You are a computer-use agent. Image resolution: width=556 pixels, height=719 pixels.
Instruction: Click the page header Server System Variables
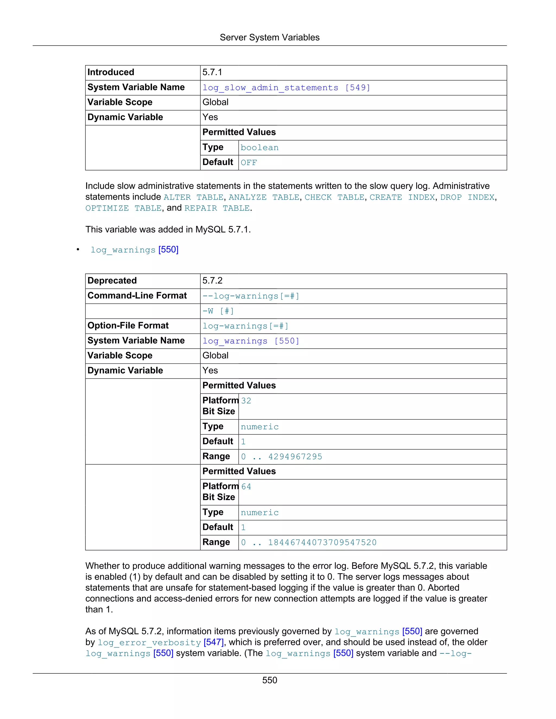point(269,37)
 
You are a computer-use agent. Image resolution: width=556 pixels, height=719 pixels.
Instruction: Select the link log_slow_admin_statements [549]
point(286,88)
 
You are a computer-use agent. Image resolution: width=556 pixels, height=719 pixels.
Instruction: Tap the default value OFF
point(249,163)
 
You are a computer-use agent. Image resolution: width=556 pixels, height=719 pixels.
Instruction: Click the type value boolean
point(260,148)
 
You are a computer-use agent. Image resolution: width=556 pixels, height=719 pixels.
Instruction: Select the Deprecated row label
point(112,281)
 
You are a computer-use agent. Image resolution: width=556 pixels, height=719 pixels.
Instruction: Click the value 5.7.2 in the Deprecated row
point(213,281)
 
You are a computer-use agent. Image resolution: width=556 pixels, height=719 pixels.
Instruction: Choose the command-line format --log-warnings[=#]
point(251,296)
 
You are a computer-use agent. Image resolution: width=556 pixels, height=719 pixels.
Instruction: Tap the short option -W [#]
point(218,311)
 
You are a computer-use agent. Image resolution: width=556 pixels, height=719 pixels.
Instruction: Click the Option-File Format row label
point(128,326)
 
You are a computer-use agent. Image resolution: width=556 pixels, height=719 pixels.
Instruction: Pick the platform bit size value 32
point(246,401)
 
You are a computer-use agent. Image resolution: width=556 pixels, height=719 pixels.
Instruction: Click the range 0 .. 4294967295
point(282,457)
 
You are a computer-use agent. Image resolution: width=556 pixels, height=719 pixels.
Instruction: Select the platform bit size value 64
point(246,486)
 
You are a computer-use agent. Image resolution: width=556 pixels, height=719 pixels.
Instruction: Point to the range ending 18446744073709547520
point(309,543)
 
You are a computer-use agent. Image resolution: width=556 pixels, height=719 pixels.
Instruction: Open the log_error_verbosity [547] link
point(161,642)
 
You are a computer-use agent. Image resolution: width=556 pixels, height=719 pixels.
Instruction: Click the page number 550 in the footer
point(269,680)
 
